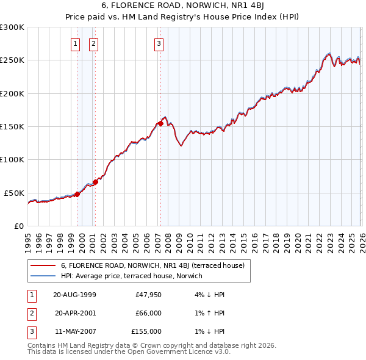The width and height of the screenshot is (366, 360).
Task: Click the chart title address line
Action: click(183, 7)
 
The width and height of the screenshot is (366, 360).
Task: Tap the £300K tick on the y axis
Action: click(12, 27)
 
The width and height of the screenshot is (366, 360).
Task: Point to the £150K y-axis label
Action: click(12, 126)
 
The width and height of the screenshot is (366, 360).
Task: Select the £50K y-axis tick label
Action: click(15, 193)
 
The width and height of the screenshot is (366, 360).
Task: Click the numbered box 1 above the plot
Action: click(75, 43)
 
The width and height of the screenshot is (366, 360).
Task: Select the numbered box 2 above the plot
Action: click(93, 43)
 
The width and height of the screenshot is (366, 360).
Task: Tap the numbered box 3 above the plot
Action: click(159, 43)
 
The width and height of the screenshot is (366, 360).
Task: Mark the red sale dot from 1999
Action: click(77, 194)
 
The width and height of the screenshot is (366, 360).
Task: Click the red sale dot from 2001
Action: click(95, 182)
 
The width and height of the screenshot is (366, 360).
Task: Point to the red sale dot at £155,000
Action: click(160, 123)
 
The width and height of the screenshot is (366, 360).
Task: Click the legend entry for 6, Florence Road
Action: click(152, 265)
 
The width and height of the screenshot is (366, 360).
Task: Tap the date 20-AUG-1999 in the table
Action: click(74, 294)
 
